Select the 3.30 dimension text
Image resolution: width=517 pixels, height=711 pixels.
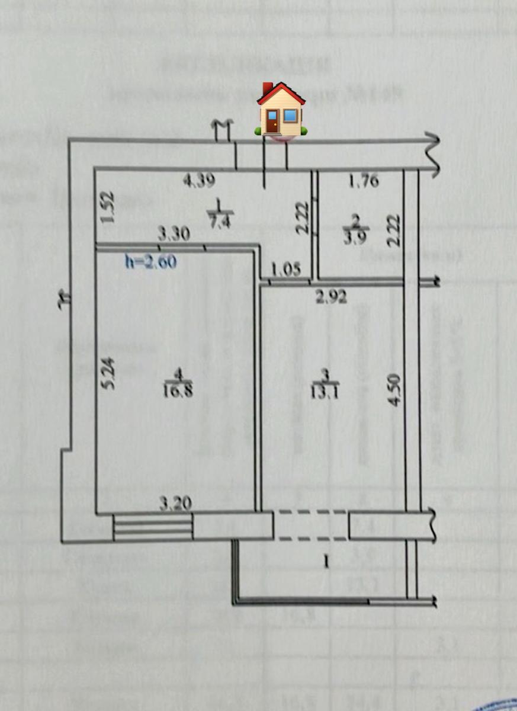click(x=173, y=234)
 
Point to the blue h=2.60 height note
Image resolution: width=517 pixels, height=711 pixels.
click(x=150, y=261)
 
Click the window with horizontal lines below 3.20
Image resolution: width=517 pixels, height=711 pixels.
click(x=153, y=527)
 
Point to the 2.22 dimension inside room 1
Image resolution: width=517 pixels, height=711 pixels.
click(x=302, y=217)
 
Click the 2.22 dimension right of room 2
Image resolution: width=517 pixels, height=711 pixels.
click(x=394, y=230)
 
